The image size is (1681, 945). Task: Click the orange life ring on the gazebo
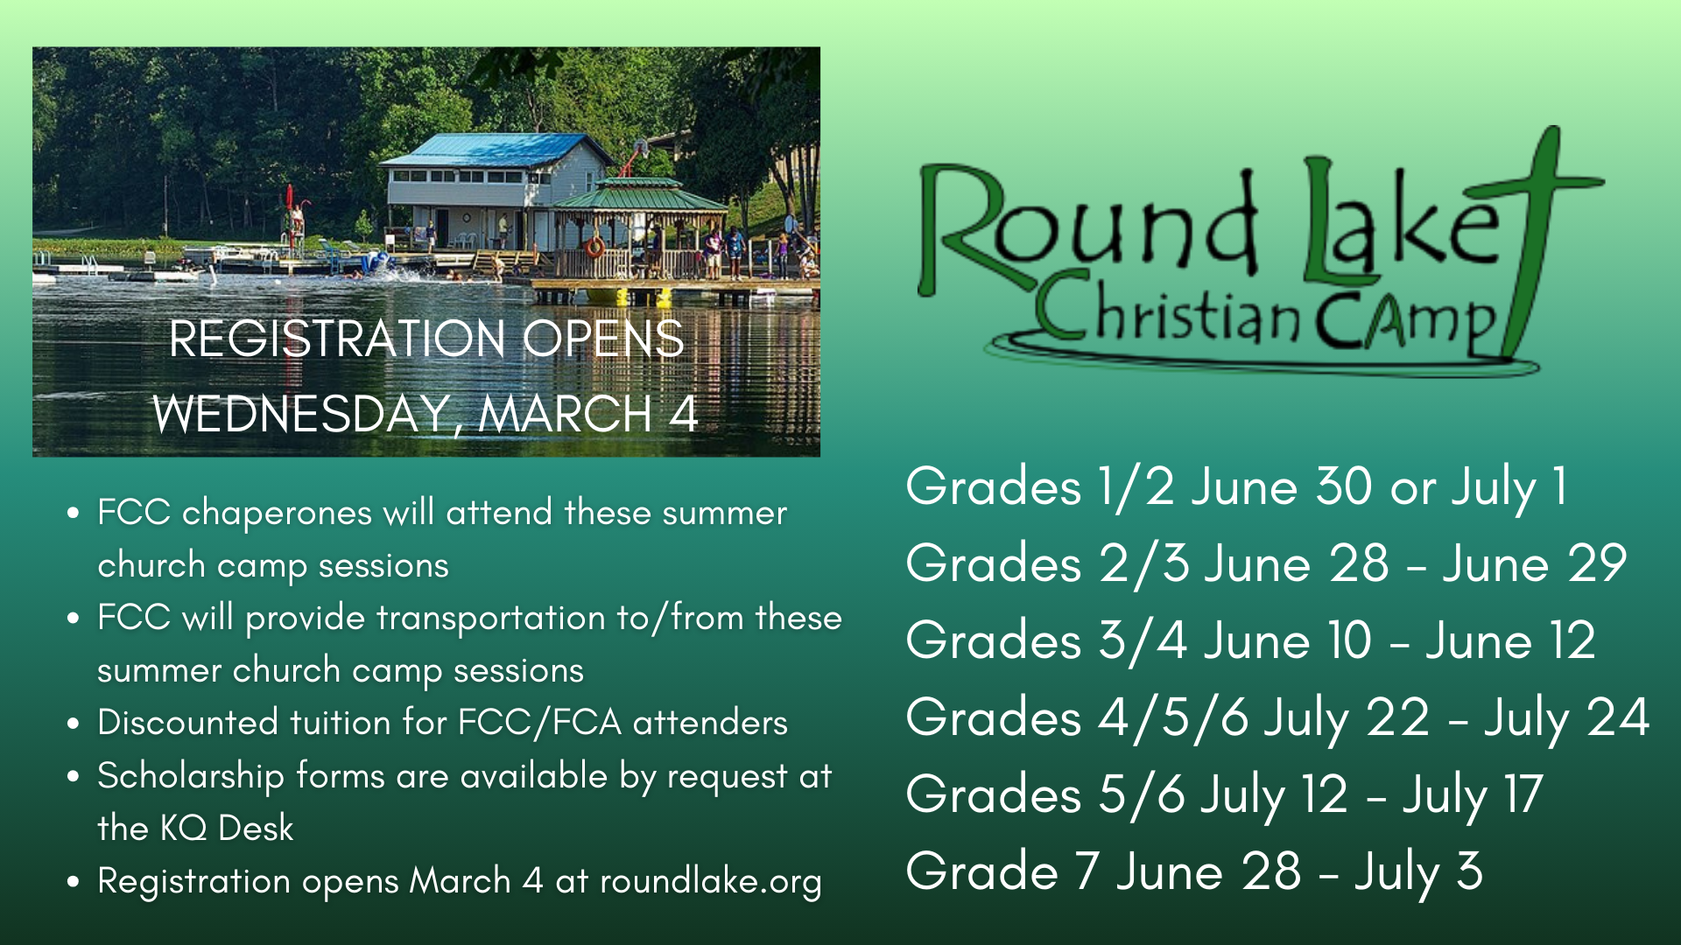pyautogui.click(x=595, y=247)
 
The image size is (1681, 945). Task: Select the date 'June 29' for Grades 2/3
pyautogui.click(x=1535, y=563)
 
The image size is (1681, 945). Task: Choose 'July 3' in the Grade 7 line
pyautogui.click(x=1418, y=873)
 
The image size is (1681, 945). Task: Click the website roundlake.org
pyautogui.click(x=711, y=882)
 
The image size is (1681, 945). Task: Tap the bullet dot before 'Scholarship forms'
pyautogui.click(x=74, y=776)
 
